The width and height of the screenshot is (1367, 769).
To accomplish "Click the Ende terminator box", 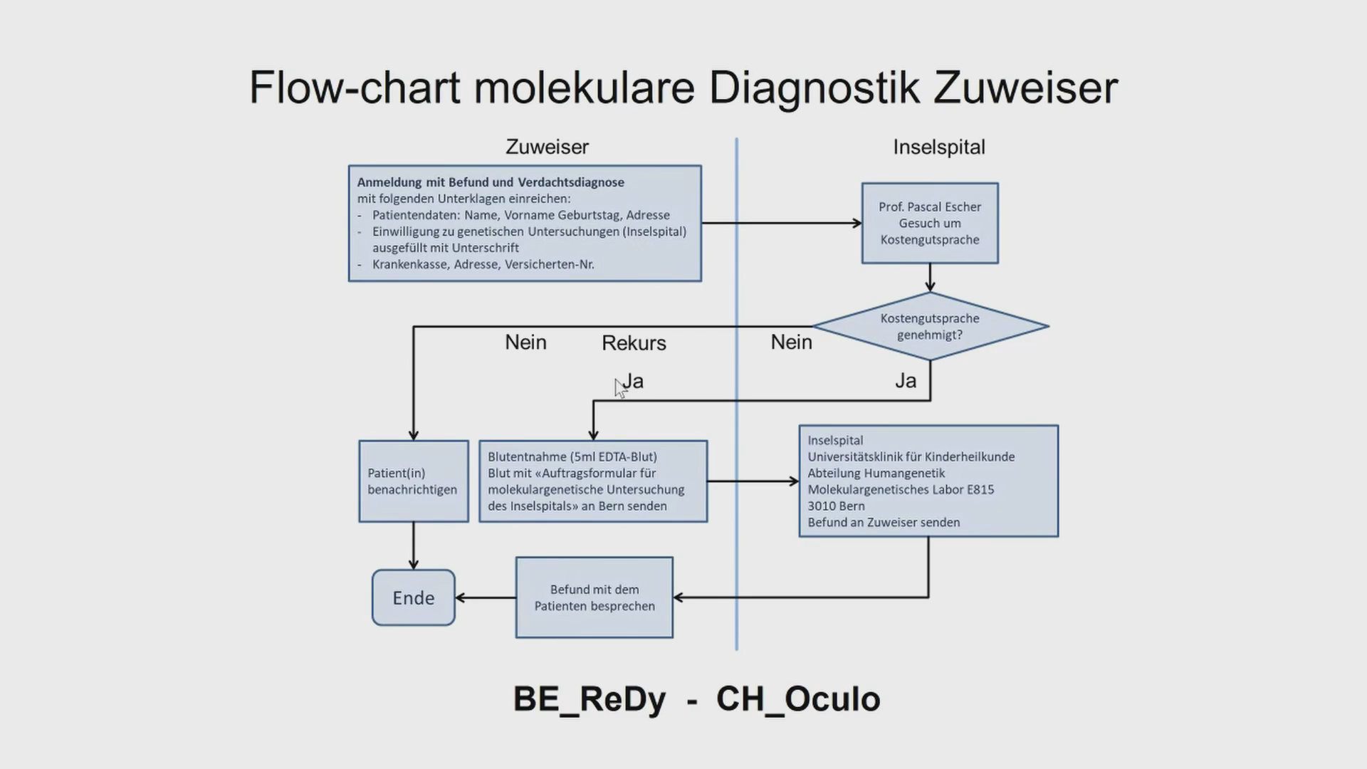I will (x=413, y=597).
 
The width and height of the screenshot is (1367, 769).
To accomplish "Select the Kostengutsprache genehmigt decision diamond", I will (x=930, y=327).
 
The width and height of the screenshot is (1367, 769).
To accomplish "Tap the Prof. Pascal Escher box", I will (x=930, y=223).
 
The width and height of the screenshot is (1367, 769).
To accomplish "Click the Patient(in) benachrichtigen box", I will (x=413, y=481).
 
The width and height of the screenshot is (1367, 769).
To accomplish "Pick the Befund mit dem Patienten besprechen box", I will (x=595, y=597).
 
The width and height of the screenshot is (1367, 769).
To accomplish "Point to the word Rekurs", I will (x=634, y=343).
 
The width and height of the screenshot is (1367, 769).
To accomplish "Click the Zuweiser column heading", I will (x=547, y=147).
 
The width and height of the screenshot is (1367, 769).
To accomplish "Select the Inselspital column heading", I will (x=939, y=147).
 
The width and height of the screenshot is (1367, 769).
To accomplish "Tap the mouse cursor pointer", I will (x=619, y=387).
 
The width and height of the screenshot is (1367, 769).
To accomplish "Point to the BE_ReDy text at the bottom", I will (x=590, y=699).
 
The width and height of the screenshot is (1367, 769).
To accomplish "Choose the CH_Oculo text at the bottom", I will (x=798, y=699).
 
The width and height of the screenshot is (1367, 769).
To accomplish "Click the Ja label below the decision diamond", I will (x=906, y=381).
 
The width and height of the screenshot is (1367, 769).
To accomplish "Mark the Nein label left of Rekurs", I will (x=525, y=342).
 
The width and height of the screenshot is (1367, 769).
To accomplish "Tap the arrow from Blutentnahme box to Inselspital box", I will (x=753, y=481).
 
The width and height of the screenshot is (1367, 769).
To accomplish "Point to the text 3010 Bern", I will (x=836, y=506).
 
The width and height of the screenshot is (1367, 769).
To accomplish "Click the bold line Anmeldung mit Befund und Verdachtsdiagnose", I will (x=491, y=182).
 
